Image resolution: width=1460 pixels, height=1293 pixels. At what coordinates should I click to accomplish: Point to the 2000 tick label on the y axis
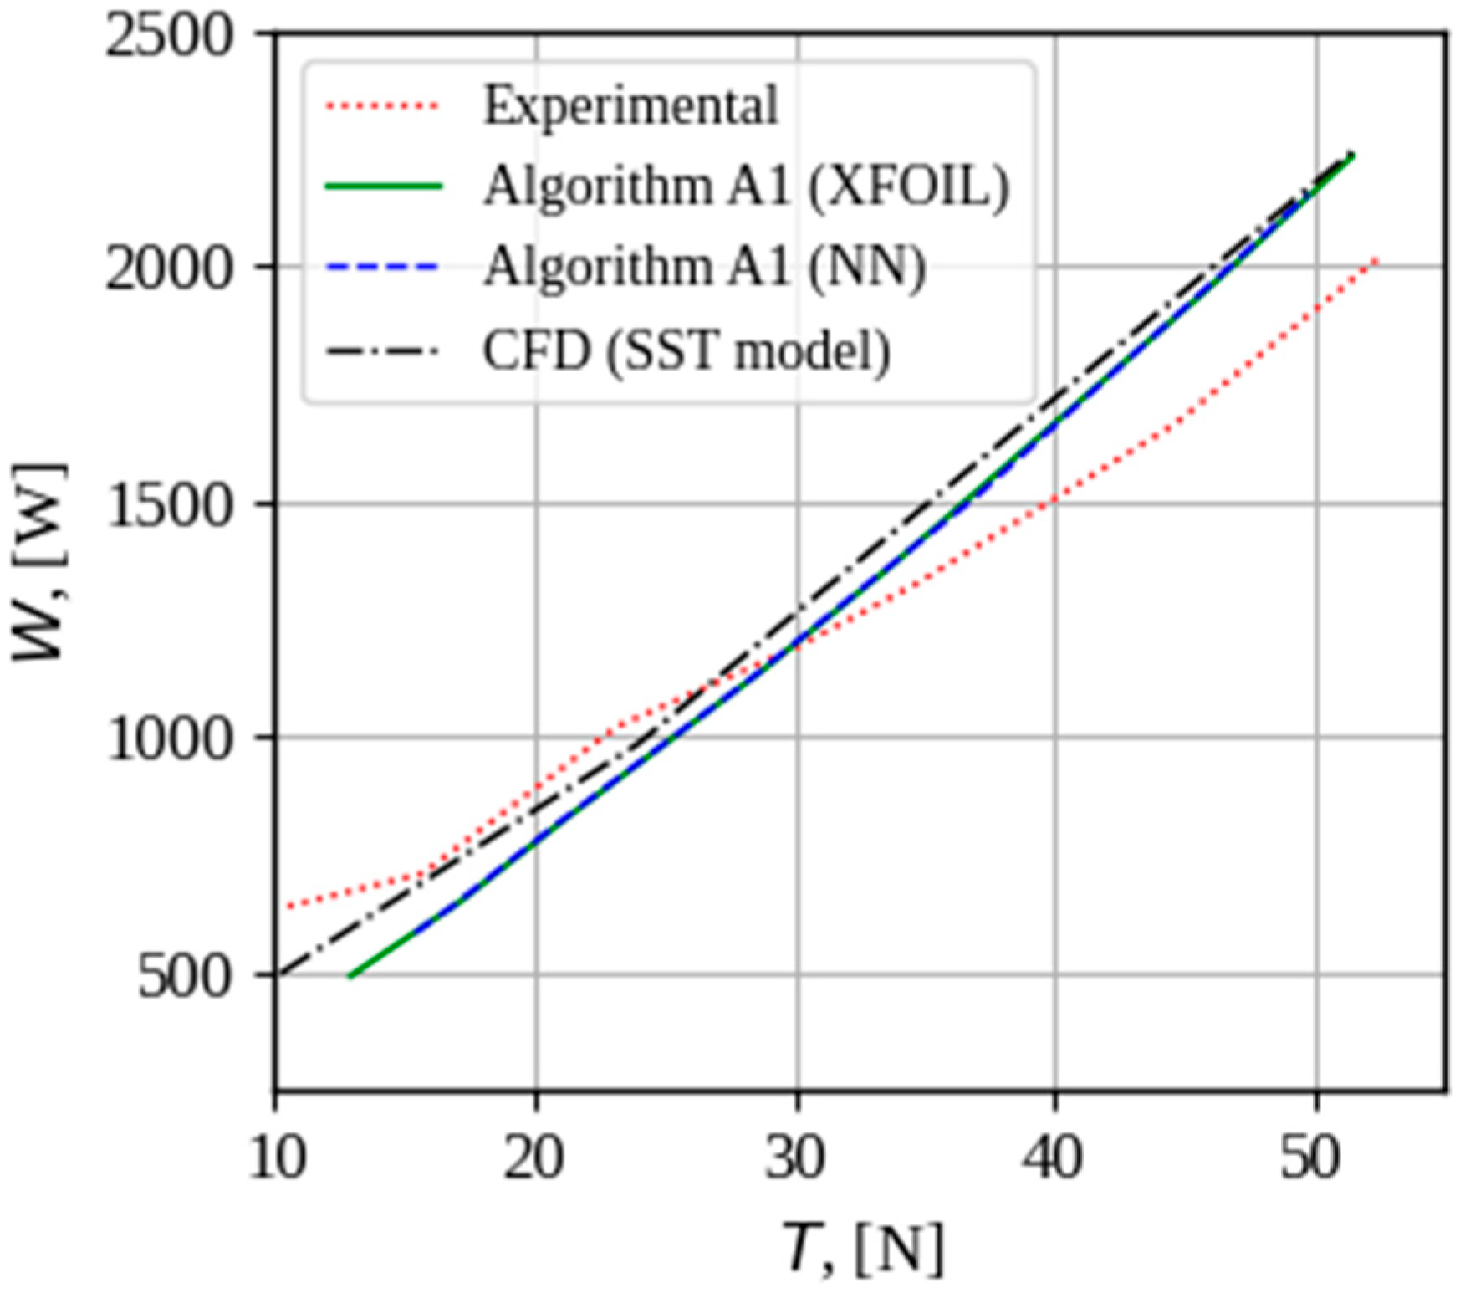[167, 270]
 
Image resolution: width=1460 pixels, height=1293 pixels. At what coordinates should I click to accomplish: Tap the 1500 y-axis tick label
[167, 505]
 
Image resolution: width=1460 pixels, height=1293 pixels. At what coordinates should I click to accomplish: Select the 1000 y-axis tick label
[167, 739]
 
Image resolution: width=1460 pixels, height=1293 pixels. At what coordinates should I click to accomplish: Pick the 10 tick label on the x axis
[277, 1159]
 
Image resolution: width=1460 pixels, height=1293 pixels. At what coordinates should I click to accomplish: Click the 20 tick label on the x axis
[534, 1159]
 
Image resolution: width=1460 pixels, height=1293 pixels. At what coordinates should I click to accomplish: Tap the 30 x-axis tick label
[796, 1159]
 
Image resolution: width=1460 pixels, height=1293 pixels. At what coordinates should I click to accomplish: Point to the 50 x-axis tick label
[1315, 1159]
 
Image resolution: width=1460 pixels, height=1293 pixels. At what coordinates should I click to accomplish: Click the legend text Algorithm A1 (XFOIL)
[747, 186]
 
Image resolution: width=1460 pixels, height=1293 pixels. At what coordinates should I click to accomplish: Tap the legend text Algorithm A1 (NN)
[705, 268]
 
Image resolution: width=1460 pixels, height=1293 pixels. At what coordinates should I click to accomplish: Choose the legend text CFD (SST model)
[686, 350]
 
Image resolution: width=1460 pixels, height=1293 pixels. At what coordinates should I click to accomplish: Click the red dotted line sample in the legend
[382, 106]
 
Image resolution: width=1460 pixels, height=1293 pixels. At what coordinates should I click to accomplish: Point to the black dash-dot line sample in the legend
[382, 350]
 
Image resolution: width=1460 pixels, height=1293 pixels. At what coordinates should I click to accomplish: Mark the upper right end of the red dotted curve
[1375, 262]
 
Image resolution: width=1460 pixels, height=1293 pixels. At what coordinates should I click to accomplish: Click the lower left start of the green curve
[350, 975]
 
